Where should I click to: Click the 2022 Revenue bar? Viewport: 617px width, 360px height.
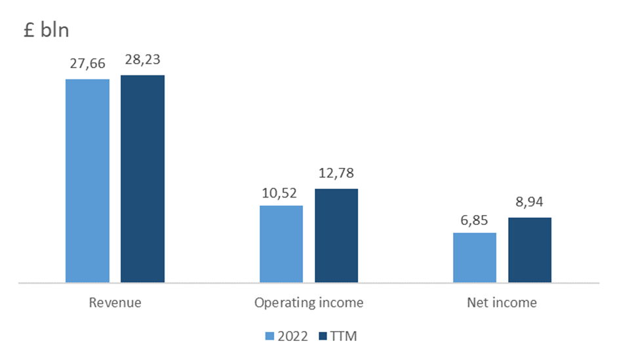tap(87, 181)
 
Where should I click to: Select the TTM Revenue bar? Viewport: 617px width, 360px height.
tap(142, 178)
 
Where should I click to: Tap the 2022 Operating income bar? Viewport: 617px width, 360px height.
tap(281, 244)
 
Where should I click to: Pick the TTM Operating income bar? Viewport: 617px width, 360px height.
tap(336, 235)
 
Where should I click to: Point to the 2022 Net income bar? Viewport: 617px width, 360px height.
tap(475, 258)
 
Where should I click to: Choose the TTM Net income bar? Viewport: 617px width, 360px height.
tap(530, 250)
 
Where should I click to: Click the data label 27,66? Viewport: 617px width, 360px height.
tap(87, 64)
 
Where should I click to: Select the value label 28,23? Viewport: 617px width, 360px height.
tap(142, 60)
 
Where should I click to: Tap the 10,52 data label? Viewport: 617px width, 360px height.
tap(279, 193)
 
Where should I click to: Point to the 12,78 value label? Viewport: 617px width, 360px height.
tap(336, 173)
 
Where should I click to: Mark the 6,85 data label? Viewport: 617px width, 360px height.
tap(474, 220)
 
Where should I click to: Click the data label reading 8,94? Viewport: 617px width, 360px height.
tap(529, 202)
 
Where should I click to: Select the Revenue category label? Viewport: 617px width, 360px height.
tap(115, 302)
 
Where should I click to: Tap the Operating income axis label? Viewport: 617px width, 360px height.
tap(309, 303)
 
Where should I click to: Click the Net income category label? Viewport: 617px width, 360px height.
tap(502, 302)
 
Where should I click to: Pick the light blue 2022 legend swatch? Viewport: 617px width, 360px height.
tap(269, 336)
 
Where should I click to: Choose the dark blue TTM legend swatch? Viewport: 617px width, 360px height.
tap(323, 336)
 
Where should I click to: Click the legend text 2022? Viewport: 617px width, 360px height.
tap(292, 336)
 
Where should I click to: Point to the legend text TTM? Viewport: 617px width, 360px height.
tap(344, 336)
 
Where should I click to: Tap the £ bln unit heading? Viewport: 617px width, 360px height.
tap(47, 30)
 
